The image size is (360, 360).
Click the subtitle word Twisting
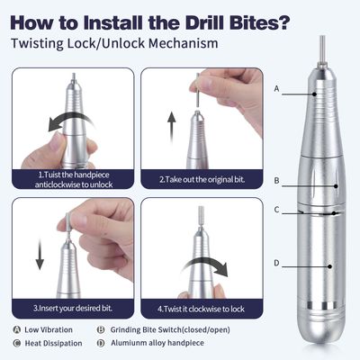pyautogui.click(x=40, y=42)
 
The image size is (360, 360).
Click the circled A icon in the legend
pyautogui.click(x=17, y=329)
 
